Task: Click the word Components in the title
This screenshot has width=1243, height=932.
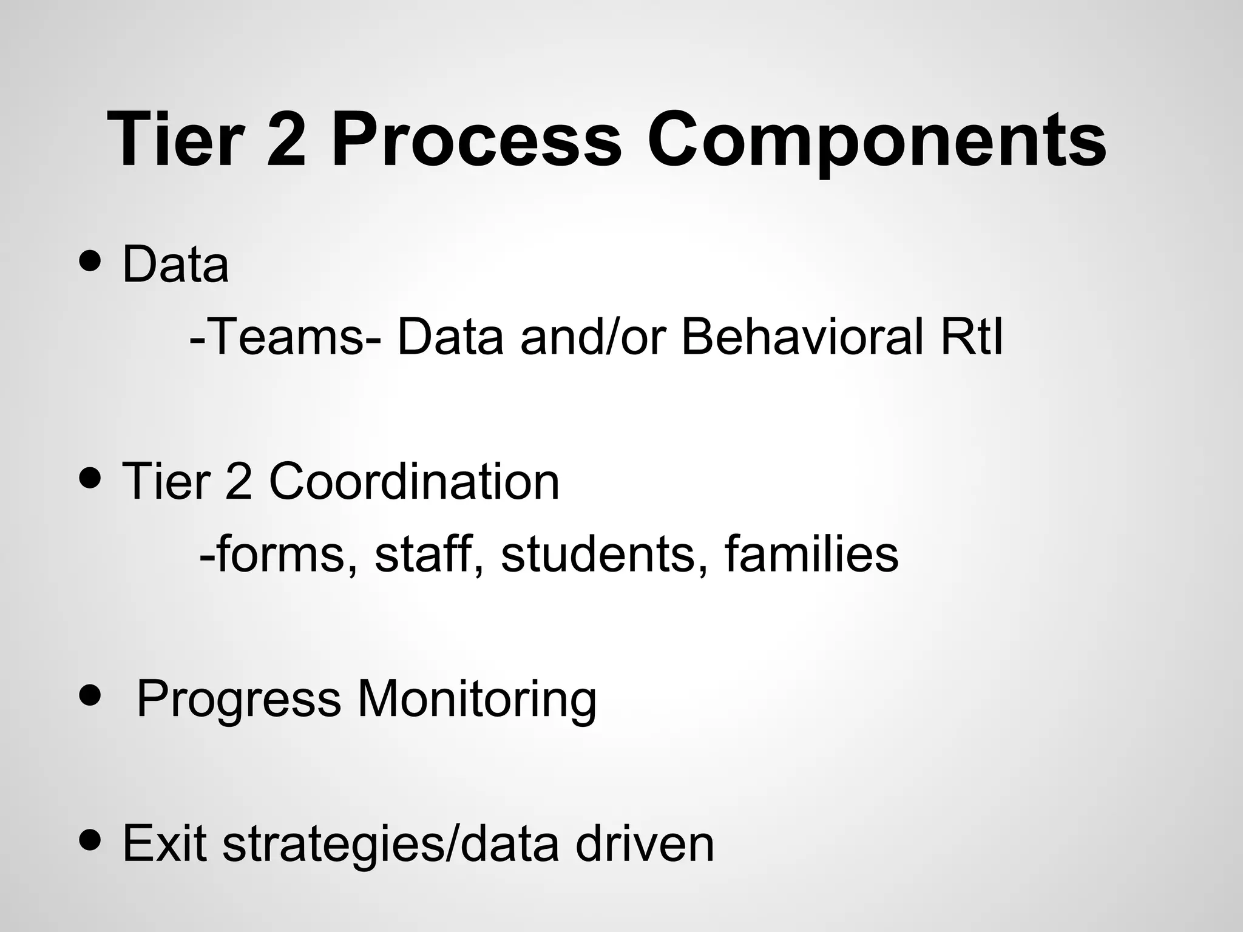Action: [876, 141]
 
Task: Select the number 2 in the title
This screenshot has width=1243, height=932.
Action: [286, 141]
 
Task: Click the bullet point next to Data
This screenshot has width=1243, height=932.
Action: [90, 263]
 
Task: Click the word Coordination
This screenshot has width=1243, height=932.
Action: [413, 482]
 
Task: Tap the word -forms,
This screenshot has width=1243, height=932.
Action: [278, 555]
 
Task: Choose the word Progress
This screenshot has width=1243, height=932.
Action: [239, 700]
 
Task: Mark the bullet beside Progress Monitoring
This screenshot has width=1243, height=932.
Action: [90, 697]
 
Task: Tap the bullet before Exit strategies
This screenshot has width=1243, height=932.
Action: [90, 842]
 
